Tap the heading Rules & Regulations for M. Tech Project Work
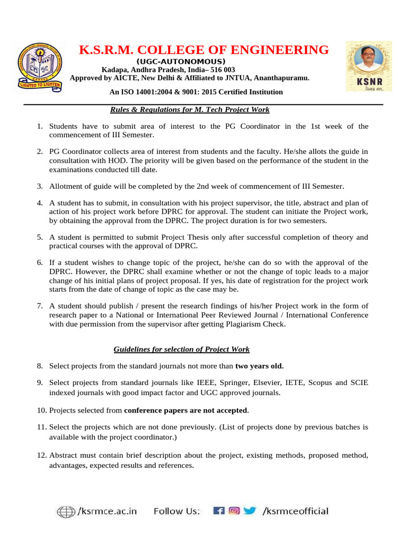point(190,110)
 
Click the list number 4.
point(39,203)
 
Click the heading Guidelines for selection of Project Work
point(182,349)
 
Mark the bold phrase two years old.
point(259,366)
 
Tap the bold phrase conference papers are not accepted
point(185,410)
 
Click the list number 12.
point(42,456)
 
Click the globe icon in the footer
point(66,512)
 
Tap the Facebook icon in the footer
point(218,511)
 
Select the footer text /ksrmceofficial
point(296,512)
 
